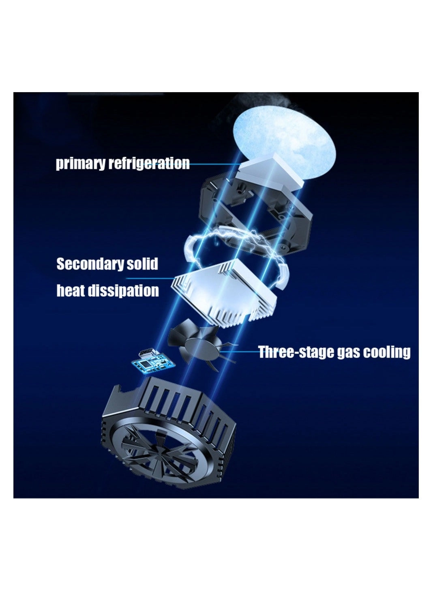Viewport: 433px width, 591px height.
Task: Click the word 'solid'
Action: coord(142,264)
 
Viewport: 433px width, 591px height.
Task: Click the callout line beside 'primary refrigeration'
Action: coord(213,164)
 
